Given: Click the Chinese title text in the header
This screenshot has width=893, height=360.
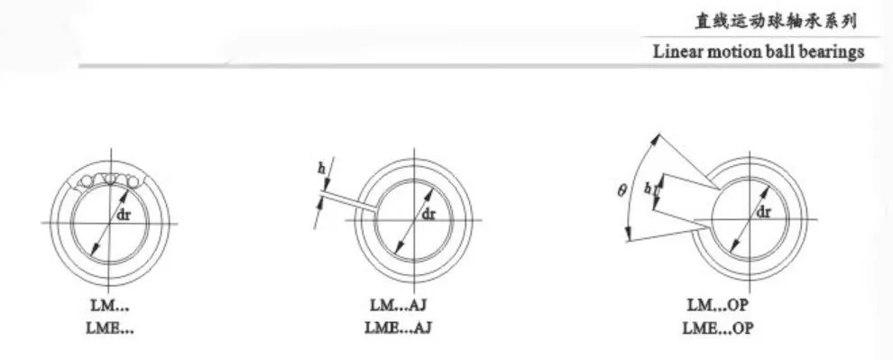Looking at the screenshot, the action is [775, 22].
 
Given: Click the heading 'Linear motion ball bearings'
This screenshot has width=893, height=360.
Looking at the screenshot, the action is [759, 51].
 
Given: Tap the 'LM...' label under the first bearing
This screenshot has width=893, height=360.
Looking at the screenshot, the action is [110, 306].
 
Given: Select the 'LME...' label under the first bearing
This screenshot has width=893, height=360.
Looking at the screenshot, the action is [110, 328].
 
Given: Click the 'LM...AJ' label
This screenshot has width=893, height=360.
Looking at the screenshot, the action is [398, 305].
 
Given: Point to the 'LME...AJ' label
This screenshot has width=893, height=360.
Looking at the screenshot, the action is [398, 328].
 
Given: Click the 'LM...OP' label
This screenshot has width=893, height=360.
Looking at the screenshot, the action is [718, 305].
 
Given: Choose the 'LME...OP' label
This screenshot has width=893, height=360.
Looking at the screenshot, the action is [718, 328].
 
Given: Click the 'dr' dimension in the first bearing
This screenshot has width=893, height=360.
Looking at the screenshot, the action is [124, 216].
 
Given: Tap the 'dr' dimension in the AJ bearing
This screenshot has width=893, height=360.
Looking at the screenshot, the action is [428, 214].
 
